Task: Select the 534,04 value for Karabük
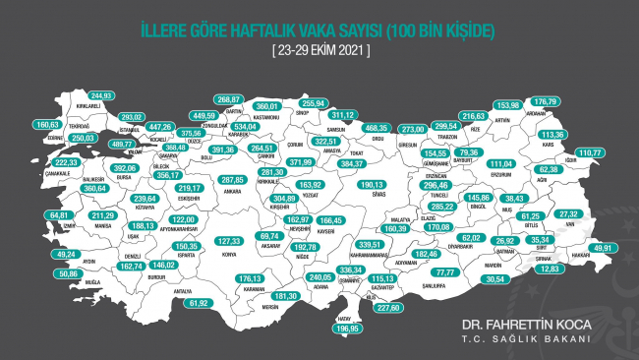click(244, 127)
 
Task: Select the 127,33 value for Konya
click(229, 240)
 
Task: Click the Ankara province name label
click(232, 195)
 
